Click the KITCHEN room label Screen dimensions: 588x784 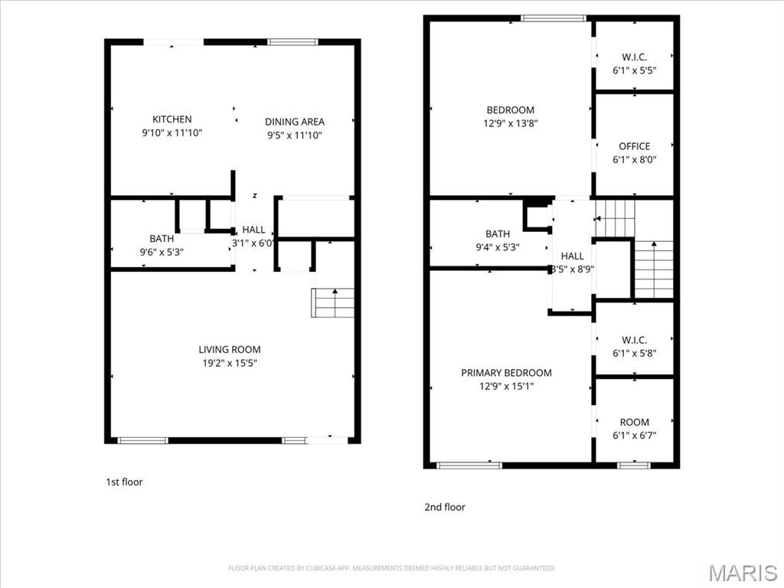pyautogui.click(x=172, y=119)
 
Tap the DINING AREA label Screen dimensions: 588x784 pyautogui.click(x=295, y=122)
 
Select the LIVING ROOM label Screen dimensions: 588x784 pyautogui.click(x=230, y=350)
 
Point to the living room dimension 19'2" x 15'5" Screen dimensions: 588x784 pyautogui.click(x=230, y=364)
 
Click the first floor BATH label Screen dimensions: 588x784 pyautogui.click(x=162, y=239)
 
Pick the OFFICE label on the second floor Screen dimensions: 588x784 pyautogui.click(x=635, y=146)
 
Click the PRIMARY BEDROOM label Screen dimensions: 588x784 pyautogui.click(x=506, y=373)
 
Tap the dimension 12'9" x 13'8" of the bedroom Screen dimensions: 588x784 pyautogui.click(x=511, y=123)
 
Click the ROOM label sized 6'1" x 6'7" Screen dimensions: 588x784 pyautogui.click(x=635, y=422)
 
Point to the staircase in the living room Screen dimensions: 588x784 pyautogui.click(x=334, y=302)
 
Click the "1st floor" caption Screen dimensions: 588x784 pyautogui.click(x=124, y=482)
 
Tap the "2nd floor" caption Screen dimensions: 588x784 pyautogui.click(x=445, y=507)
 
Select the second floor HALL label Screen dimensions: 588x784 pyautogui.click(x=572, y=256)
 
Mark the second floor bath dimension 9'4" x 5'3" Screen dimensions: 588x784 pyautogui.click(x=498, y=247)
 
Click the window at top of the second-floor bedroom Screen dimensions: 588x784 pyautogui.click(x=554, y=18)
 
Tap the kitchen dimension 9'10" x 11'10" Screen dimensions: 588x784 pyautogui.click(x=172, y=133)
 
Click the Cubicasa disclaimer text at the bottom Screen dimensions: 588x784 pyautogui.click(x=391, y=568)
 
